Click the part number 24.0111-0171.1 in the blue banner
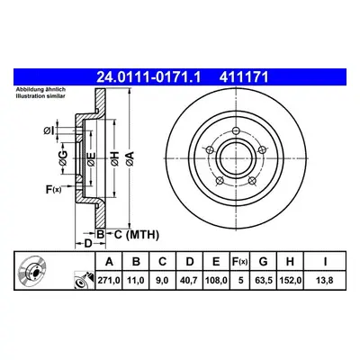pyautogui.click(x=148, y=77)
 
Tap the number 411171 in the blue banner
pyautogui.click(x=244, y=77)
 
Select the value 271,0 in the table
pyautogui.click(x=109, y=281)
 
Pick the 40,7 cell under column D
pyautogui.click(x=189, y=281)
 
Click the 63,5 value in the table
pyautogui.click(x=263, y=281)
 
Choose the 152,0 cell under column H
pyautogui.click(x=290, y=281)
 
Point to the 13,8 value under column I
pyautogui.click(x=325, y=281)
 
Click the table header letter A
pyautogui.click(x=109, y=262)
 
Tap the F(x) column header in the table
pyautogui.click(x=240, y=262)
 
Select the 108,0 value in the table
pyautogui.click(x=216, y=281)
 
